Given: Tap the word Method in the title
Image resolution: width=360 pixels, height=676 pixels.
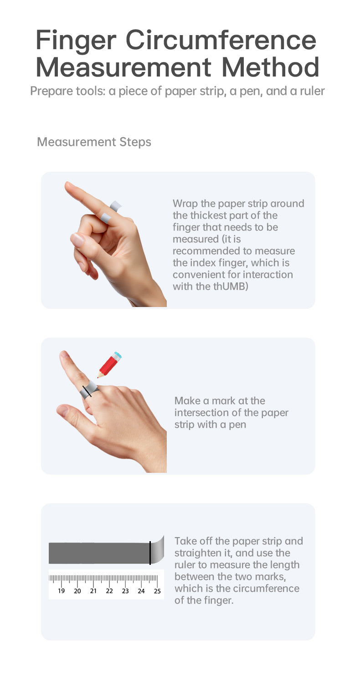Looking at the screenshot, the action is [270, 67].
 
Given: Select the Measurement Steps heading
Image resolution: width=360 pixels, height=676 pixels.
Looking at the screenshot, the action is [94, 142].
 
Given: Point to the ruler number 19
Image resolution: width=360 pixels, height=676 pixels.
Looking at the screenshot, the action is [62, 591].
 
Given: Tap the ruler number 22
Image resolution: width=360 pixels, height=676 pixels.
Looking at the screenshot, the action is [109, 591].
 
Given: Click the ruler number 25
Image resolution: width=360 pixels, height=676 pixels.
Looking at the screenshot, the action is [157, 591].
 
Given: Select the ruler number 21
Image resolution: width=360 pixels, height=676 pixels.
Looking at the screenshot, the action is [93, 591].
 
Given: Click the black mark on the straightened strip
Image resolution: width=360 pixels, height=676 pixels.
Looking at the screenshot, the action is [150, 553].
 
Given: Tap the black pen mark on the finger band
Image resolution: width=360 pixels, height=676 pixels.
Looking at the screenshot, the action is [87, 391].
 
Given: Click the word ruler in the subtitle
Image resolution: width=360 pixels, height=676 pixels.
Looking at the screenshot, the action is [312, 91].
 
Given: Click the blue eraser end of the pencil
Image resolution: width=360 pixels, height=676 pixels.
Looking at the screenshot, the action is [117, 355].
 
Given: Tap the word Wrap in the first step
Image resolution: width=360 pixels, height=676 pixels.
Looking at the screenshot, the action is [185, 204].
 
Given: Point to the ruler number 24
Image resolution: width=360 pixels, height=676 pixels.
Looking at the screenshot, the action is [141, 591].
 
